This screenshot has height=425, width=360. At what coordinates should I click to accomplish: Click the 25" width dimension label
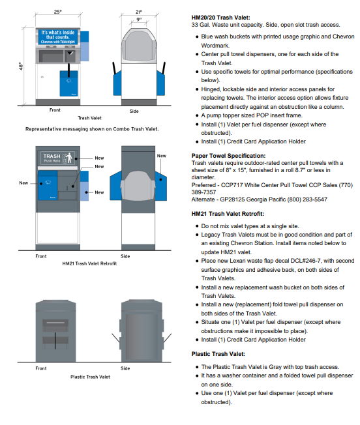[x=58, y=12]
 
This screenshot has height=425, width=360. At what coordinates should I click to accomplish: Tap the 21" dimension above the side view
[x=139, y=11]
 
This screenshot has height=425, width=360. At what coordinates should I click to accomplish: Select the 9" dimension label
[x=138, y=20]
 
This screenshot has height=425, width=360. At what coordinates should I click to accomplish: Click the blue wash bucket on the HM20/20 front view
[x=68, y=83]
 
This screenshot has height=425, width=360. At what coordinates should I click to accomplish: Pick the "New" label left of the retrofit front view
[x=24, y=183]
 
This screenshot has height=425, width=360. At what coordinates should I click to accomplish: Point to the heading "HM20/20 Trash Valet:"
[x=221, y=16]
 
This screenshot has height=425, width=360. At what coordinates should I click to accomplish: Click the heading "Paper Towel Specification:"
[x=228, y=156]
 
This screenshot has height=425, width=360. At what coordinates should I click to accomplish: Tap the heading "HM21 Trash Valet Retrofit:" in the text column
[x=232, y=213]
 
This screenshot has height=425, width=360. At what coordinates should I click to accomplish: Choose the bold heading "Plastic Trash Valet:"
[x=218, y=353]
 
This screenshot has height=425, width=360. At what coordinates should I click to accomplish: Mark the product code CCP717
[x=233, y=184]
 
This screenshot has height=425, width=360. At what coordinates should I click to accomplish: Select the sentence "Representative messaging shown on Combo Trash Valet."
[x=92, y=128]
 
